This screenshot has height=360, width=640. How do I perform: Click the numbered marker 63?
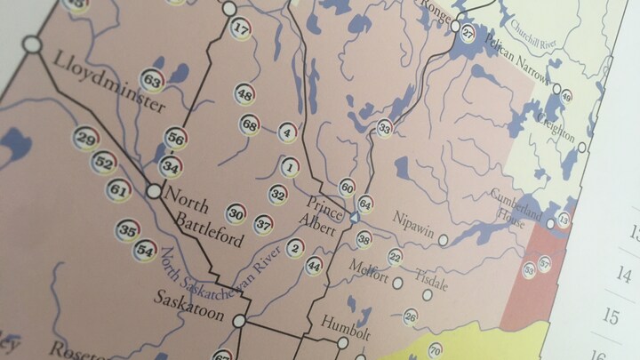point(153,83)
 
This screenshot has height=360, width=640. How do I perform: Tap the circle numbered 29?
point(85,139)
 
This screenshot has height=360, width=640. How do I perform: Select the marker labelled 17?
point(240,28)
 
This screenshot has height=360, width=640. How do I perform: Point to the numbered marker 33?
point(384,129)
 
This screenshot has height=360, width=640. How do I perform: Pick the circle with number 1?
point(290,166)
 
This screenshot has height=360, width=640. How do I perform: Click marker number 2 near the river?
point(295,248)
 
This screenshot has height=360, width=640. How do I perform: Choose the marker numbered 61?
point(118,189)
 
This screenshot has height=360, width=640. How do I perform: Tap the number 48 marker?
point(245,95)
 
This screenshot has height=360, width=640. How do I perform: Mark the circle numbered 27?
point(468,34)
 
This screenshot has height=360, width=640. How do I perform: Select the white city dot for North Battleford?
point(155,190)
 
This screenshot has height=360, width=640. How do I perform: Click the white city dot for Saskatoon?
point(239,320)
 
